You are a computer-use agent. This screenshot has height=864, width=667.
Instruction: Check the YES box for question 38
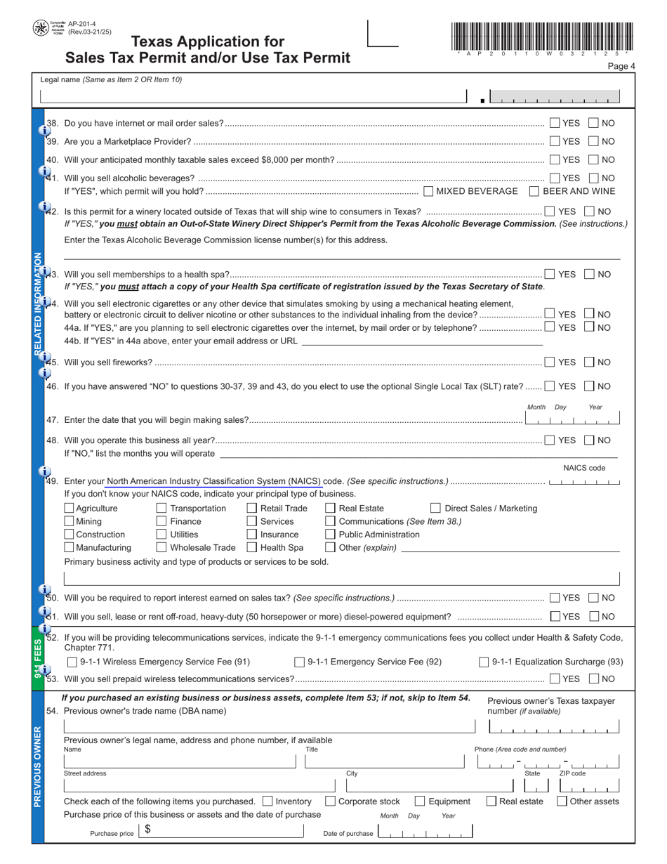555,123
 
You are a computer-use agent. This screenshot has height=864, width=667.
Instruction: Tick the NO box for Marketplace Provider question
593,141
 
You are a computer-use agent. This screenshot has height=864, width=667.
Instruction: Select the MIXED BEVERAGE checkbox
429,191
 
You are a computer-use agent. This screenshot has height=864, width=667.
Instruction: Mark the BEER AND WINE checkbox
534,191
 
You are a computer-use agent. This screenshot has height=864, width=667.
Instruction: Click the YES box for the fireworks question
550,362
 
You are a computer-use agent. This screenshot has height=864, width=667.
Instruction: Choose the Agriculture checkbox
69,508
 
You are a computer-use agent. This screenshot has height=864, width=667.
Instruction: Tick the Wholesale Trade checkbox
161,547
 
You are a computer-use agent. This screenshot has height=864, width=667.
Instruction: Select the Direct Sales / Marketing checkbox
435,508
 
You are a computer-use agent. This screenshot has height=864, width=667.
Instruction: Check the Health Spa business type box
252,547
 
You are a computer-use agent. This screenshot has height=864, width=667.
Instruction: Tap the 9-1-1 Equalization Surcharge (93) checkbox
484,662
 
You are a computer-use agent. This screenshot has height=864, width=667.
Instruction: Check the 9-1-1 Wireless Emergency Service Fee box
72,662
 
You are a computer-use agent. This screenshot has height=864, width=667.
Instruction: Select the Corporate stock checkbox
330,801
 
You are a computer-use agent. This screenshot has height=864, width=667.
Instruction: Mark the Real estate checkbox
491,801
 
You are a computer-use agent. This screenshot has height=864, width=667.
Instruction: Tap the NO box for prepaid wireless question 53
593,679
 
